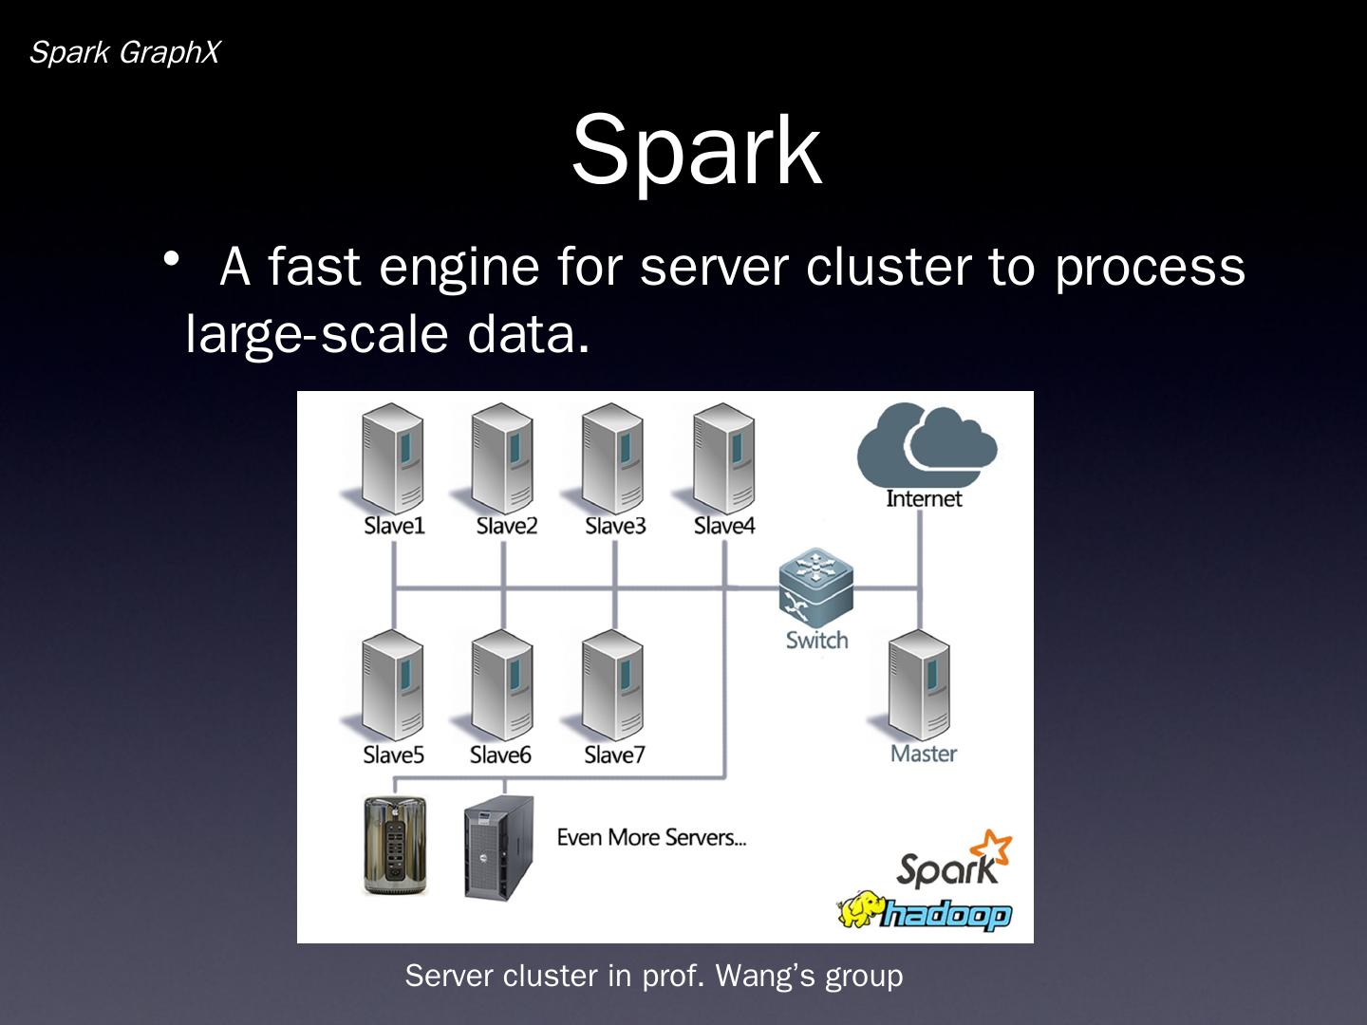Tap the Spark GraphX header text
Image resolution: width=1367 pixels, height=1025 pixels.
click(124, 53)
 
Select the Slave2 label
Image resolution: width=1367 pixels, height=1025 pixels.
click(506, 525)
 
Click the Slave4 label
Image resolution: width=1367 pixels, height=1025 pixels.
click(724, 525)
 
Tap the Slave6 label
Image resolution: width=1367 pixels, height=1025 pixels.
click(500, 755)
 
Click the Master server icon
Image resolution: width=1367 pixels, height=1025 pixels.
click(919, 685)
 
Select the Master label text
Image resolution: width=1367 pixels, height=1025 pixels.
click(924, 754)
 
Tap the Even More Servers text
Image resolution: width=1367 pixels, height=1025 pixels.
click(651, 837)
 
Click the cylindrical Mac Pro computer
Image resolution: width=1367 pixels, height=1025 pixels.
click(396, 845)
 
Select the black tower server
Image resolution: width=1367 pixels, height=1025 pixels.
click(498, 847)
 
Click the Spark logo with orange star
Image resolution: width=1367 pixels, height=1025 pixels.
click(953, 860)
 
